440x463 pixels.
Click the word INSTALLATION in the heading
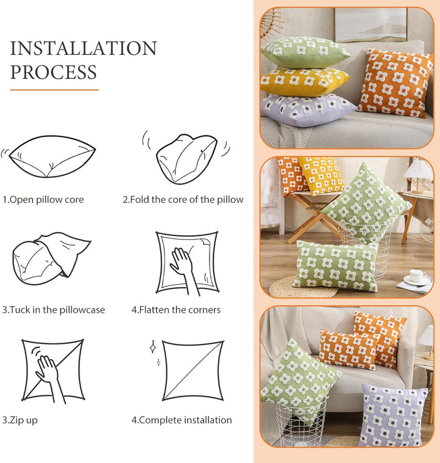coord(83,48)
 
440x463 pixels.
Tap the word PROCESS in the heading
coord(54,72)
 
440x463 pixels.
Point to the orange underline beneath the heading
coord(54,90)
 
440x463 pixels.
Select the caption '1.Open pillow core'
coord(43,200)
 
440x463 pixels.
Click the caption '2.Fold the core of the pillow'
coord(183,200)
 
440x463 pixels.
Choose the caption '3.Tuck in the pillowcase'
coord(54,310)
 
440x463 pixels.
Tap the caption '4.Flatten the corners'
coord(176,310)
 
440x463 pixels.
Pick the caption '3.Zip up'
coord(20,420)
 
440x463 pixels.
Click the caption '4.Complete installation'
coord(182,420)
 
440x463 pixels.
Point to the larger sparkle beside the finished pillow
coord(153,347)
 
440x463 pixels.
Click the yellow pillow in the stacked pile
coord(304,81)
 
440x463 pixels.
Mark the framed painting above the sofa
coord(371,25)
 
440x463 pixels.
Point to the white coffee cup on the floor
coord(417,276)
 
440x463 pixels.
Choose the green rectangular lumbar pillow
coord(336,266)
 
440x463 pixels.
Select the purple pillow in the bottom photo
coord(394,415)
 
